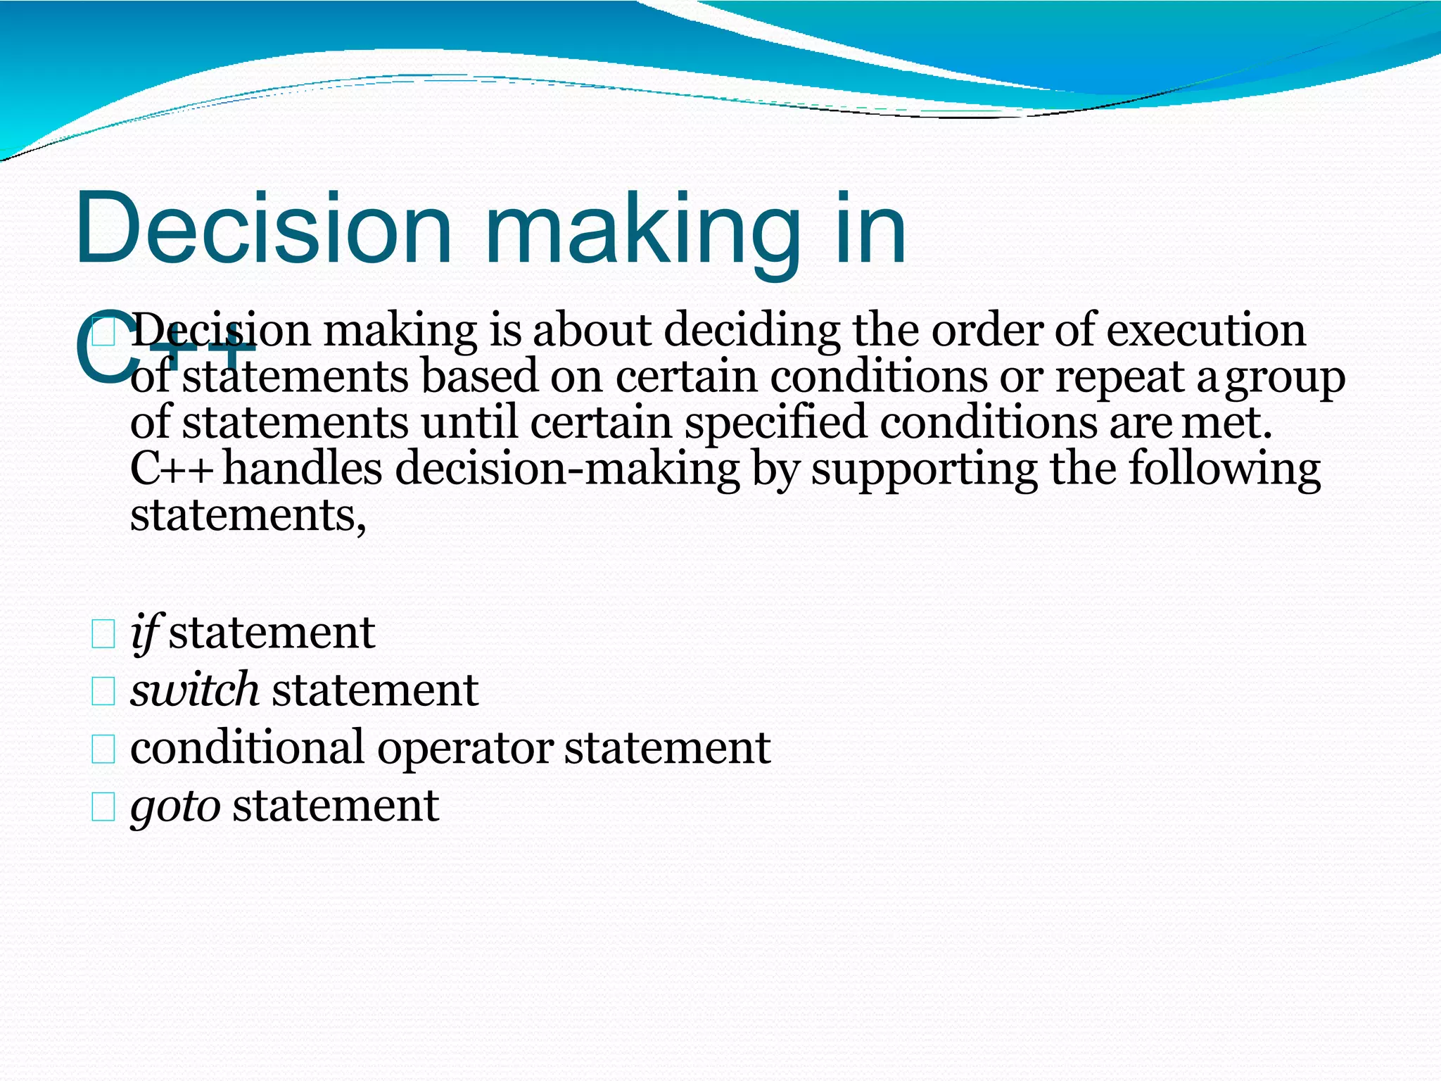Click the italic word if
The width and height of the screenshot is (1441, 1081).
146,632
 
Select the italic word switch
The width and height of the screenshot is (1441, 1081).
195,689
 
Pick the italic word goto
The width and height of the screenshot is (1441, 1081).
176,805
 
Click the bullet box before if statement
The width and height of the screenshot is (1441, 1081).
103,634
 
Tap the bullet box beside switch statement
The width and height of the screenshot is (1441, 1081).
103,692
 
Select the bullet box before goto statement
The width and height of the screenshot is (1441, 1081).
103,807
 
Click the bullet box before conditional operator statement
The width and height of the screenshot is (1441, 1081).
103,750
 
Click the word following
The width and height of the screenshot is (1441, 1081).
1224,471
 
